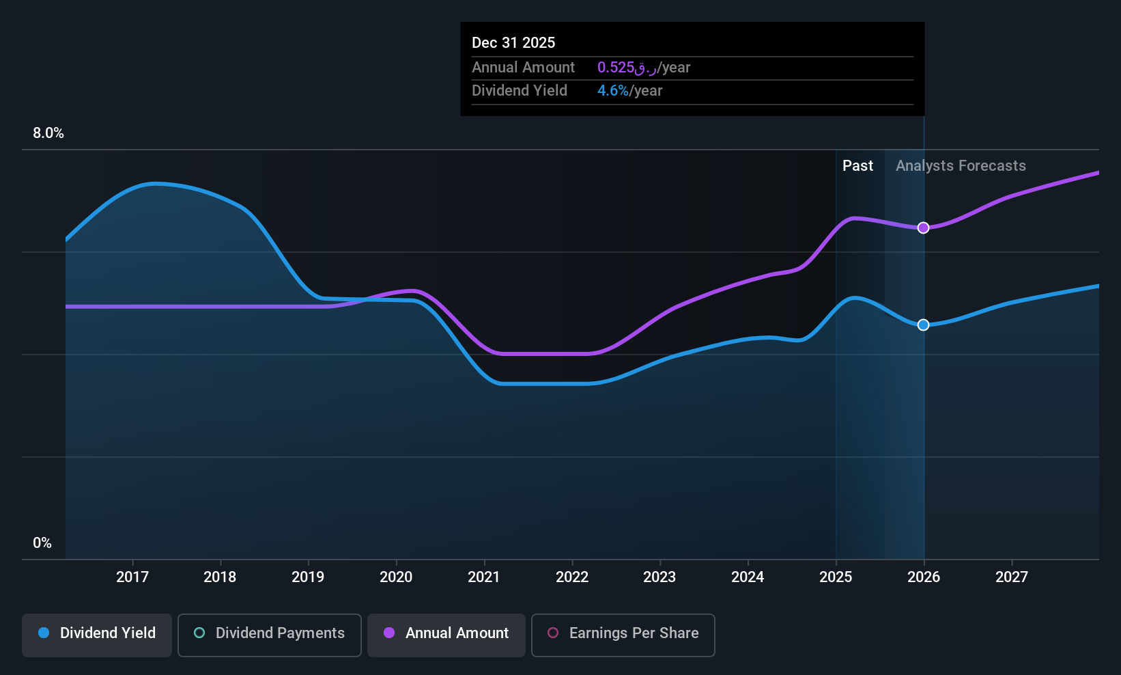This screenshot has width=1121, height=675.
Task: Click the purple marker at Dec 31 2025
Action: [x=923, y=228]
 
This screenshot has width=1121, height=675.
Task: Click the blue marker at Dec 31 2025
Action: [x=923, y=325]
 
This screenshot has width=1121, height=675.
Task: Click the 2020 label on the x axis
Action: [x=396, y=577]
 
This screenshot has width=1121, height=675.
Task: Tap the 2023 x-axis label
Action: [x=659, y=577]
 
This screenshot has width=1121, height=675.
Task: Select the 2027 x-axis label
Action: [x=1011, y=577]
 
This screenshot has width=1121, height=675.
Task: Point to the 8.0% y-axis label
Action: [x=48, y=133]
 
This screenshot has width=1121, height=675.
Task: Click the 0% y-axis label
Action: [x=42, y=543]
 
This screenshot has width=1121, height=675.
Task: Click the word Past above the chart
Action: [x=857, y=166]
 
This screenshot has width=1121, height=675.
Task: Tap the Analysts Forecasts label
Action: [x=961, y=166]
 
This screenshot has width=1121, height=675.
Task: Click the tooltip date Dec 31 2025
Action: [x=513, y=42]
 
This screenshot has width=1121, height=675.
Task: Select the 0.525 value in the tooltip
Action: [x=616, y=67]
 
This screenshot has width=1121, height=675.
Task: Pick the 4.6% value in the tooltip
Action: [x=613, y=91]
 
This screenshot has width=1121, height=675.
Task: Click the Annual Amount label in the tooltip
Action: [x=524, y=67]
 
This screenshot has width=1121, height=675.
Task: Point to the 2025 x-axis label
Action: [x=836, y=577]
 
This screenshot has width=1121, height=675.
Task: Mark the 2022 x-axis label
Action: [x=572, y=577]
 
